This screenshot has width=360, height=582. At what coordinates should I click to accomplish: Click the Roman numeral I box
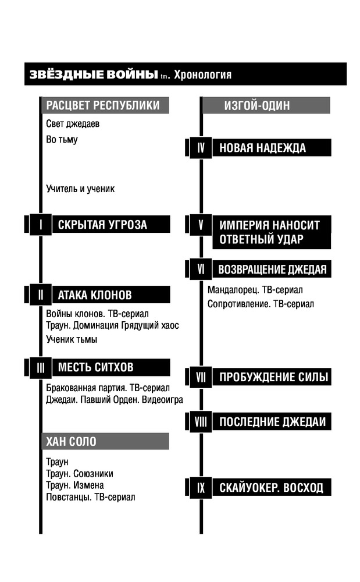pos(40,225)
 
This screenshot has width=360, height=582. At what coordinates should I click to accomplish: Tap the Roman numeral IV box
pos(201,148)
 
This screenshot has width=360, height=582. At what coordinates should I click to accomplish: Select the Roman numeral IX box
pos(201,487)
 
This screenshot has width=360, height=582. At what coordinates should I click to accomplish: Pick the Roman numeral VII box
pos(201,377)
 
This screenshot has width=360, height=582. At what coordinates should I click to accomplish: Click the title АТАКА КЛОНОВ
pos(95,295)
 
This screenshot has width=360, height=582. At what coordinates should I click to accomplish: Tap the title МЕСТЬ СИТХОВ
pos(95,367)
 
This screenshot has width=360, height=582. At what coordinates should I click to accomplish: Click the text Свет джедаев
pos(73,123)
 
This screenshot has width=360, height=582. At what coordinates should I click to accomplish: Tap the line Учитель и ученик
pos(80,189)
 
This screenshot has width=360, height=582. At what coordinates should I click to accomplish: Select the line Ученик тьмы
pos(72,339)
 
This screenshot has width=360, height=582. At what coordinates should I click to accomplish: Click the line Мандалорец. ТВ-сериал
pos(255,290)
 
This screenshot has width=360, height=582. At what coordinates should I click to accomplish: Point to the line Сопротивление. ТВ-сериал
pos(261,304)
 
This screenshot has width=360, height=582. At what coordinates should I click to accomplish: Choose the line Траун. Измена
pos(75,485)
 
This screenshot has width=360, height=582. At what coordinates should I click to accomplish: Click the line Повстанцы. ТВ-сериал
pos(91,497)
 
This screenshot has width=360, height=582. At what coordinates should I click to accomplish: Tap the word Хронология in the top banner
pos(202,74)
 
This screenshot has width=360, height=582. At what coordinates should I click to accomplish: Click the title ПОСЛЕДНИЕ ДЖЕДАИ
pos(273,422)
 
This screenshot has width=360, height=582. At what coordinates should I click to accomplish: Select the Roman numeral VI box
pos(201,269)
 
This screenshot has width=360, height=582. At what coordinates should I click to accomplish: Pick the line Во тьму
pos(62,140)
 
